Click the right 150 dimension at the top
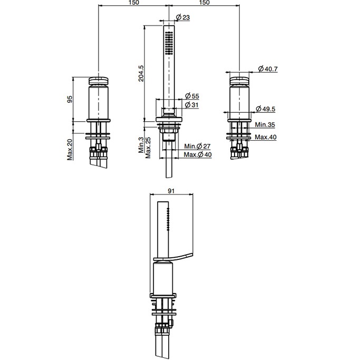[205, 3]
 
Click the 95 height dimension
[70, 100]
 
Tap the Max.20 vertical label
[70, 149]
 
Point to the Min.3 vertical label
[141, 145]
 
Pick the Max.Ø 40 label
[198, 154]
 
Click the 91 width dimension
[171, 191]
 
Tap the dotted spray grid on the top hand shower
[169, 43]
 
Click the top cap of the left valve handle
[98, 81]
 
